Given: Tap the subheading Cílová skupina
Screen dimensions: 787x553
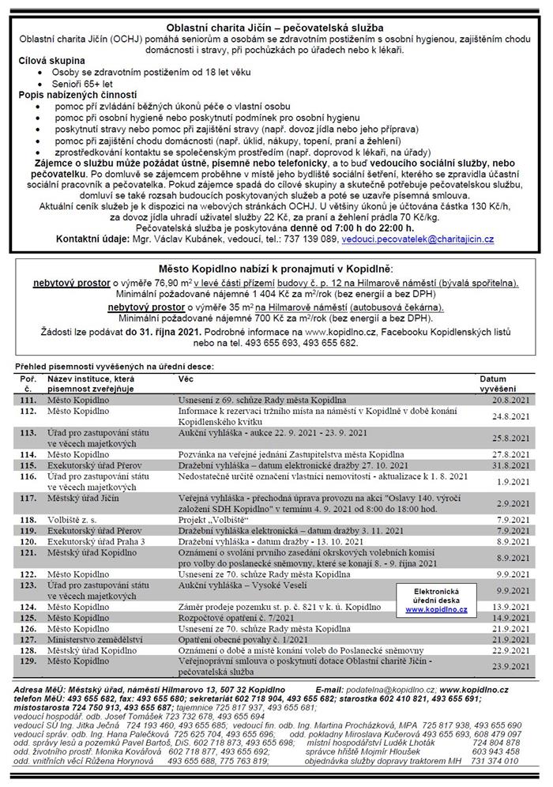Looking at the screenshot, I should [x=49, y=60].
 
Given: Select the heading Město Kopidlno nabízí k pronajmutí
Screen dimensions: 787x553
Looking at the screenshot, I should [x=276, y=269].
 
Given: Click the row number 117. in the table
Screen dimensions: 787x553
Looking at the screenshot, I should [x=28, y=499].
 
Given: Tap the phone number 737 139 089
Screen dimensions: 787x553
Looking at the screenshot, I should [x=310, y=238].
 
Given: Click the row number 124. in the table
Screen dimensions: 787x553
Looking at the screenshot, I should [x=28, y=604].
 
